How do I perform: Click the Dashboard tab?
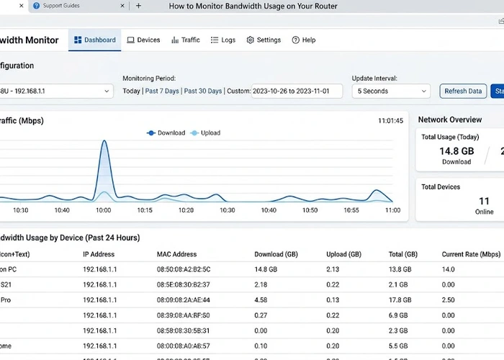click(95, 40)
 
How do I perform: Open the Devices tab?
click(143, 40)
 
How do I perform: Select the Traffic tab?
click(186, 40)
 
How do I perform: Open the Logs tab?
click(223, 40)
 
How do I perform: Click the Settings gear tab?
click(264, 40)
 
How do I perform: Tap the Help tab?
click(304, 40)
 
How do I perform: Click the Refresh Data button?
click(463, 91)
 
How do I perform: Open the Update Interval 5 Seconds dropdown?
click(391, 91)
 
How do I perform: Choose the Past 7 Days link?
click(162, 91)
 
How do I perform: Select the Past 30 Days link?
click(203, 91)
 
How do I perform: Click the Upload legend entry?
click(206, 133)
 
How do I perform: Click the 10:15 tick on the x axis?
click(145, 210)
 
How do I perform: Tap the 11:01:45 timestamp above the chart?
click(390, 121)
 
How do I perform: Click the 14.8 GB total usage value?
click(456, 151)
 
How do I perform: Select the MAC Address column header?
click(177, 254)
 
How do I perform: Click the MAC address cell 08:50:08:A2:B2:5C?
click(184, 269)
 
